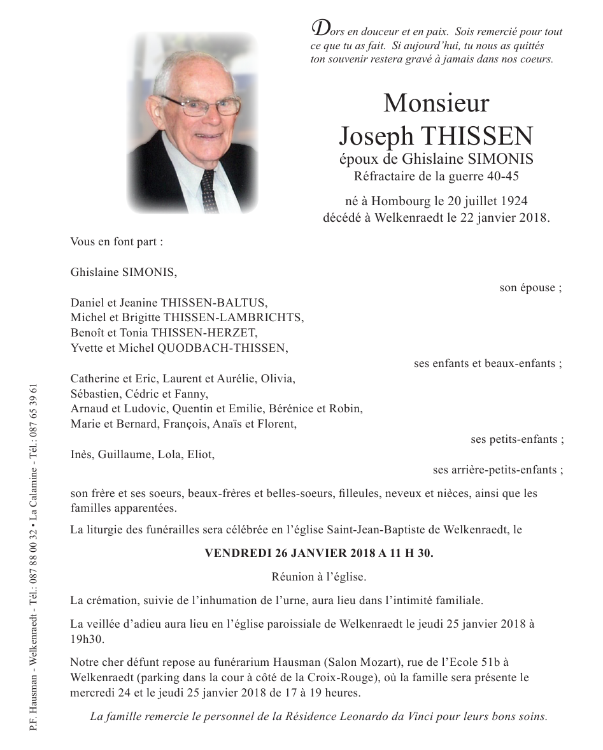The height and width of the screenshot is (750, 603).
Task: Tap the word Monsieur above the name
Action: [436, 103]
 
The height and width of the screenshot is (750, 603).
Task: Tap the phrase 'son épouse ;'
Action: [530, 287]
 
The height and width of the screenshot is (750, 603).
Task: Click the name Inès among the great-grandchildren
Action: [82, 454]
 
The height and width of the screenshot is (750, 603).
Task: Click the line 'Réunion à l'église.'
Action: [318, 577]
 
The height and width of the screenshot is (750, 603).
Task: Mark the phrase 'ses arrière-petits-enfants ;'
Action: [497, 470]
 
